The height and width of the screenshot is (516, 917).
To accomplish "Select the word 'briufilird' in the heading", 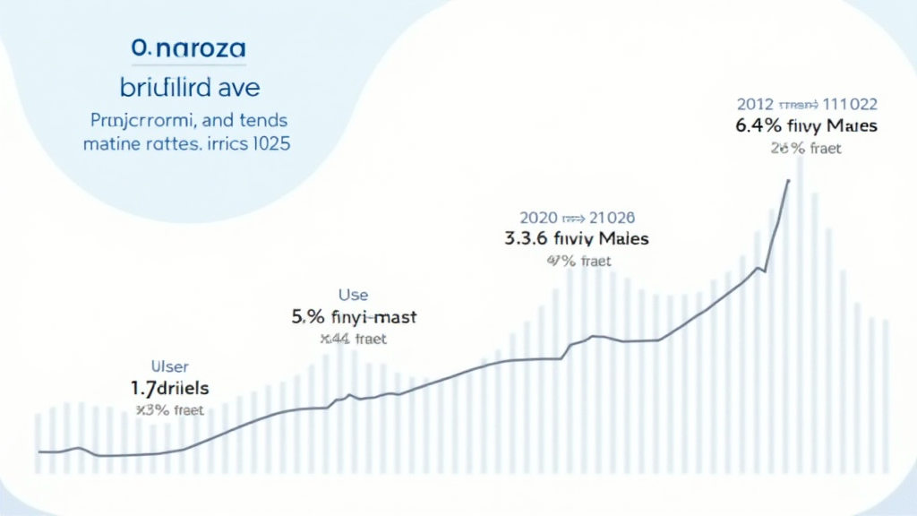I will point(166,88).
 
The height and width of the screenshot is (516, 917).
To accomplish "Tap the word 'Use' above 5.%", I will point(352,294).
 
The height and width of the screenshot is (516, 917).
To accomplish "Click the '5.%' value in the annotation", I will point(310,316).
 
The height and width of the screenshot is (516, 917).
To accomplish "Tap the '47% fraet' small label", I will point(577,262).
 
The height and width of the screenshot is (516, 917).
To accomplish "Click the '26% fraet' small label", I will point(806,148).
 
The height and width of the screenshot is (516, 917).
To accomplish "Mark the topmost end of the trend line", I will point(789,180).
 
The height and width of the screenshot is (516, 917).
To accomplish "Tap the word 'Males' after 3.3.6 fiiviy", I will point(618,239).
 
